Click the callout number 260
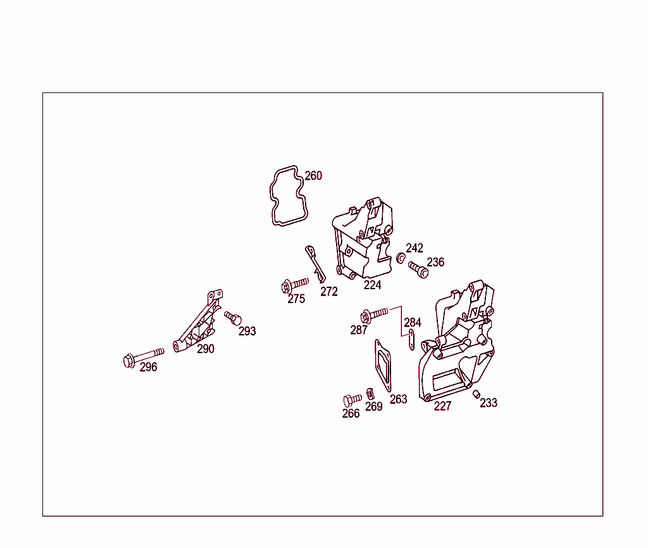tap(313, 176)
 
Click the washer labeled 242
tap(401, 258)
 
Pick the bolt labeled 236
tap(418, 270)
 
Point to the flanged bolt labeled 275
tap(294, 285)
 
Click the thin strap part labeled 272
tap(315, 264)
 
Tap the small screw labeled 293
tap(233, 318)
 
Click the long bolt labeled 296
tap(143, 358)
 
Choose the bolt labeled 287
tap(373, 315)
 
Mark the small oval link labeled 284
tap(411, 340)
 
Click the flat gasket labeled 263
tap(383, 365)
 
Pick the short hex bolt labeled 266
tap(352, 400)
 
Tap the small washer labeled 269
tap(370, 394)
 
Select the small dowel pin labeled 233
tap(476, 394)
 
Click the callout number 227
tap(442, 406)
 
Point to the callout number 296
tap(148, 367)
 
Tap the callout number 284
tap(413, 322)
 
